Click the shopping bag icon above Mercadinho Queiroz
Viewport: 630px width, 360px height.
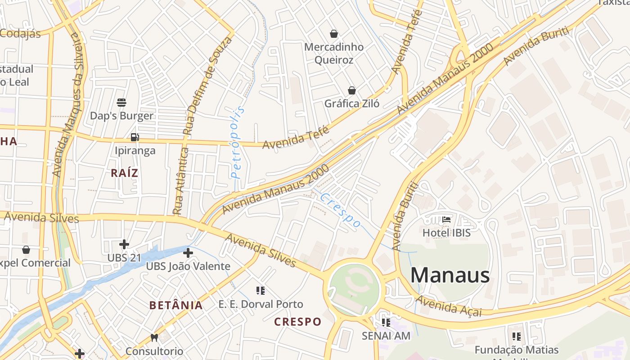click(x=334, y=33)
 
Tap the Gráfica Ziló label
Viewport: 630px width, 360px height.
click(x=352, y=104)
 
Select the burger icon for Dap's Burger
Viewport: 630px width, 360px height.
click(x=121, y=103)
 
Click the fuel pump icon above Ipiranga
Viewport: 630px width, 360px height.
click(x=135, y=137)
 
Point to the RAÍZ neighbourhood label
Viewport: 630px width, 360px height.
click(x=125, y=173)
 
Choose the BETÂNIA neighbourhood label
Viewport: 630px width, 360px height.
click(x=176, y=305)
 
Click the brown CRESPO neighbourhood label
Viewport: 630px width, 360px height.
click(x=298, y=322)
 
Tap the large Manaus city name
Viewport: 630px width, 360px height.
click(x=450, y=274)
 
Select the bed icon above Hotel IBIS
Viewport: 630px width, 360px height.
click(x=446, y=220)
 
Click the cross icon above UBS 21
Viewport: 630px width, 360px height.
click(x=124, y=244)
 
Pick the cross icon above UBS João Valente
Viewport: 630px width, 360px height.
click(x=188, y=253)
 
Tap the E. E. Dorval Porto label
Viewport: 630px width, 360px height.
click(x=261, y=304)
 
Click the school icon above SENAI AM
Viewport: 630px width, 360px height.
click(x=386, y=322)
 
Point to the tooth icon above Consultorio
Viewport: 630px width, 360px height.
click(x=154, y=337)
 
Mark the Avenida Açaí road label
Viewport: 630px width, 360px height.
click(x=448, y=306)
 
